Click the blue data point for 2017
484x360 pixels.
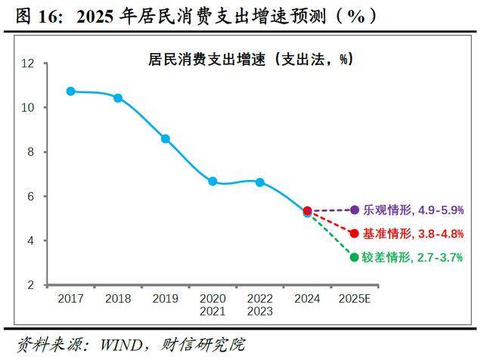pyautogui.click(x=71, y=91)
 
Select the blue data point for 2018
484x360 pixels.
pyautogui.click(x=118, y=98)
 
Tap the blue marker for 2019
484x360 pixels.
pyautogui.click(x=166, y=138)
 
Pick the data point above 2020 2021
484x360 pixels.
pyautogui.click(x=213, y=182)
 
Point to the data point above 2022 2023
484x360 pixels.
pyautogui.click(x=260, y=182)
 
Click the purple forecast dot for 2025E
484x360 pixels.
pyautogui.click(x=355, y=209)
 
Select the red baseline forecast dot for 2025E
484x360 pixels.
pyautogui.click(x=355, y=234)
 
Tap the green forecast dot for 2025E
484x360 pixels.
pyautogui.click(x=355, y=257)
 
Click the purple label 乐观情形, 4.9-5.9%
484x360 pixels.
pyautogui.click(x=414, y=210)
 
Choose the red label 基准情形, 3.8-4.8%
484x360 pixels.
pyautogui.click(x=414, y=234)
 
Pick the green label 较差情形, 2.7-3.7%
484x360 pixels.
pyautogui.click(x=414, y=257)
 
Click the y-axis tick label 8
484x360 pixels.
pyautogui.click(x=31, y=152)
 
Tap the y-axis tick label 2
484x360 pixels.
pyautogui.click(x=31, y=285)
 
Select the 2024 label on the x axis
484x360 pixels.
pyautogui.click(x=307, y=298)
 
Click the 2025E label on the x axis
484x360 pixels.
pyautogui.click(x=355, y=298)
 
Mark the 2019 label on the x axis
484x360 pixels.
pyautogui.click(x=166, y=298)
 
